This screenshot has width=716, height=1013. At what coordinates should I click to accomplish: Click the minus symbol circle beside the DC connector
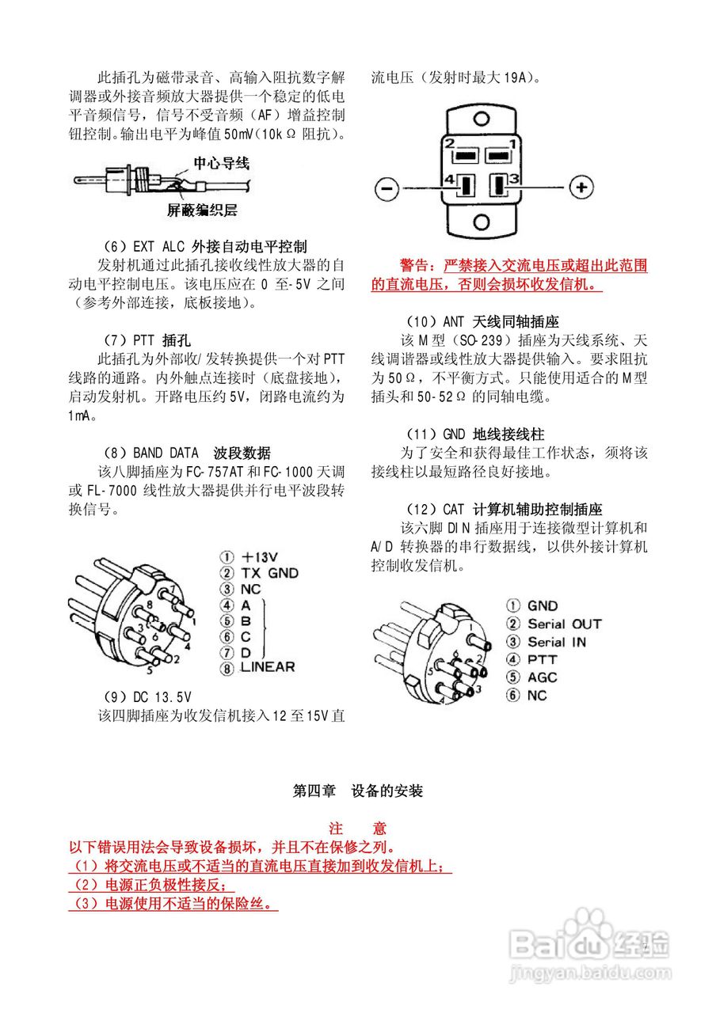[387, 188]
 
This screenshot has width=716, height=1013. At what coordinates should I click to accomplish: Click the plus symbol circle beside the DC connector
[581, 188]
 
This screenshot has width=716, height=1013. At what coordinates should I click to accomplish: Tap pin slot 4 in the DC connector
[465, 186]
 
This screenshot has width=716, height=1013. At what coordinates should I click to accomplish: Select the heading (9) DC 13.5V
[147, 697]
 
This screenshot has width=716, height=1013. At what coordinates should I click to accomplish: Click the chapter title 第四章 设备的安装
[358, 791]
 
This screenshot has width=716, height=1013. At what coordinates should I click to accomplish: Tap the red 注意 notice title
[358, 829]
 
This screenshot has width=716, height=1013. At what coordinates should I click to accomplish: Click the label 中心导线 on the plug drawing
[222, 164]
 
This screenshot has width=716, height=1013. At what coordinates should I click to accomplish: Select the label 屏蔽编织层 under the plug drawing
[201, 211]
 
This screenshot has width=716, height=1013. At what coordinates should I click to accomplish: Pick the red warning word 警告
[417, 264]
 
